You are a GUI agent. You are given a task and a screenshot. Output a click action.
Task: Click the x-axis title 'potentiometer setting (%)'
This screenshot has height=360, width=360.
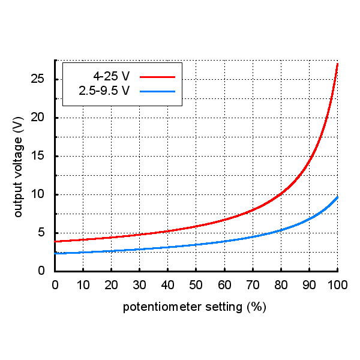click(194, 307)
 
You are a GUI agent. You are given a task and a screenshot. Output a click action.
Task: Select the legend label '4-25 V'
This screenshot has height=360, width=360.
click(111, 77)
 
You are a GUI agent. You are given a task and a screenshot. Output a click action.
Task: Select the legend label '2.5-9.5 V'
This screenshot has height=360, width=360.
click(104, 91)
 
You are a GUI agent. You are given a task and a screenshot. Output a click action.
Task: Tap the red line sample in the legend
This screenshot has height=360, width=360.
click(157, 77)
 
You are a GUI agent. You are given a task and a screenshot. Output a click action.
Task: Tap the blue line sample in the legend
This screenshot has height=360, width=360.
click(157, 91)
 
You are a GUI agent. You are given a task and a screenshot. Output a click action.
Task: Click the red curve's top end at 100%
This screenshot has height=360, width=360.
click(337, 64)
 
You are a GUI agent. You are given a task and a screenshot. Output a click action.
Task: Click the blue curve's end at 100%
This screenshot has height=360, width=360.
click(337, 197)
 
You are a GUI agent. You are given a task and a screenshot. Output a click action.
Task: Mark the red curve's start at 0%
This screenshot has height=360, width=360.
click(56, 241)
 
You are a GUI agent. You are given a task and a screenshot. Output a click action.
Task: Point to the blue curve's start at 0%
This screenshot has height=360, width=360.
click(56, 253)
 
